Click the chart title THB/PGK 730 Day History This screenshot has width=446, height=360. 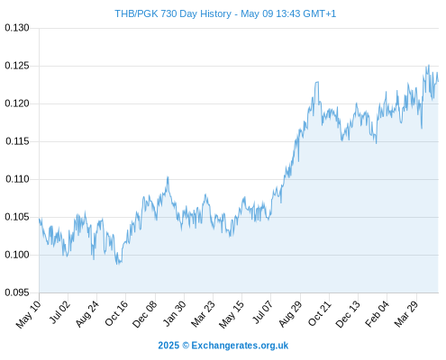173,13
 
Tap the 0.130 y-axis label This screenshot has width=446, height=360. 17,28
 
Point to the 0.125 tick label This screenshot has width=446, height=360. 17,66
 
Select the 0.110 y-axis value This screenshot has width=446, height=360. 17,179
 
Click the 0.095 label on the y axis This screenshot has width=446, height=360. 17,292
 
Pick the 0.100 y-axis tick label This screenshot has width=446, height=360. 17,255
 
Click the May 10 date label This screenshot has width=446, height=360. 28,314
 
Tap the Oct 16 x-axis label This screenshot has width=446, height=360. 116,313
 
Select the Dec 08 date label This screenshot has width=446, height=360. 145,314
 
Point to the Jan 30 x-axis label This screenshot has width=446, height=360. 174,313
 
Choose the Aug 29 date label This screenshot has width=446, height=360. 290,313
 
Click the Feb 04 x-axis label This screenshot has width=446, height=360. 377,313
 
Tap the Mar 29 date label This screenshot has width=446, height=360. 406,313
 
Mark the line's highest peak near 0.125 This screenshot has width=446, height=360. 429,65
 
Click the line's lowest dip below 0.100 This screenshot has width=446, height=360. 118,264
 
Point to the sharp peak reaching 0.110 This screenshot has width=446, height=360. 168,177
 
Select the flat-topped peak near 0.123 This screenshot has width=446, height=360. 317,82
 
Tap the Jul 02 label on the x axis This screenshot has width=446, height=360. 59,312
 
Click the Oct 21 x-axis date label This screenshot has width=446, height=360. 319,313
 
